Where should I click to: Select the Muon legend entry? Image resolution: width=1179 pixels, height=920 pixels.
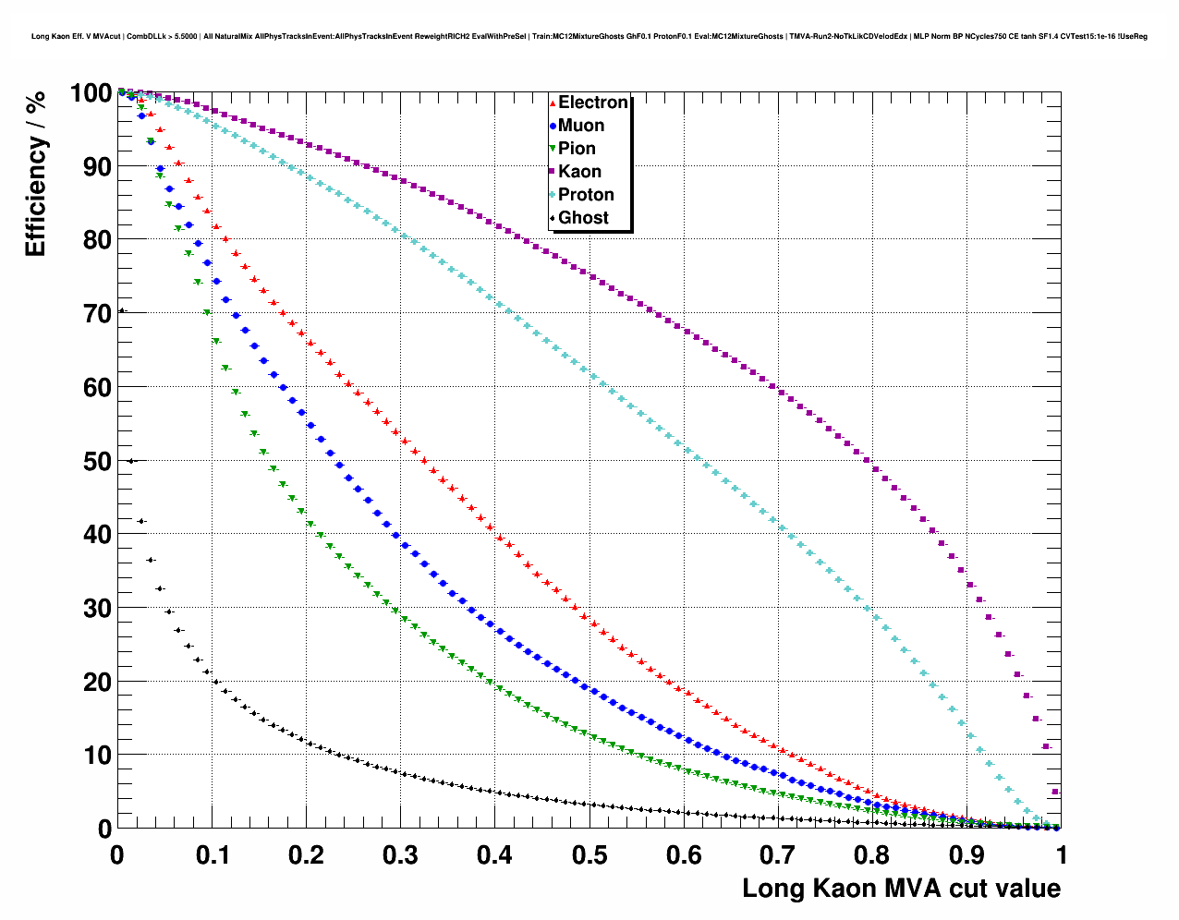tap(580, 126)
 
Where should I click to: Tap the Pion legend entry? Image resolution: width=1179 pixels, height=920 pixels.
tap(577, 149)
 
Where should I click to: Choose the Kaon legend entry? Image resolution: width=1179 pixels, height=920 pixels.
tap(579, 172)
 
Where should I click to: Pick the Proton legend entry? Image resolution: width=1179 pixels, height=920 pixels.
tap(586, 195)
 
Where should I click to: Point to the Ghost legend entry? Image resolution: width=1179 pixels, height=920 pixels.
tap(583, 218)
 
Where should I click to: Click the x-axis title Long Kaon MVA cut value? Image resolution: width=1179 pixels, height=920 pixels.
tap(901, 889)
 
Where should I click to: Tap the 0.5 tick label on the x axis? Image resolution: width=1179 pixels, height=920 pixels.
tap(589, 855)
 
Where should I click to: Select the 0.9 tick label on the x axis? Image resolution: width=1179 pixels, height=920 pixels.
tap(967, 855)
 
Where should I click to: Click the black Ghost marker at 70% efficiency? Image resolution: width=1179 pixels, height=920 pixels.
tap(121, 311)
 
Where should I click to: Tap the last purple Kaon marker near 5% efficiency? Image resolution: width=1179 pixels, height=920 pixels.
tap(1055, 792)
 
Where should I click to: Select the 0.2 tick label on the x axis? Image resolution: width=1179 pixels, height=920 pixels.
tap(306, 855)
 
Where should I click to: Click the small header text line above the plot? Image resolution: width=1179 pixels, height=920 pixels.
tap(589, 36)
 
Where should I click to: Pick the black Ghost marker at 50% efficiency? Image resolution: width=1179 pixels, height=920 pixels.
tap(131, 461)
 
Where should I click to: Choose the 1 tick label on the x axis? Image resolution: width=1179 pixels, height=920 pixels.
tap(1062, 855)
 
